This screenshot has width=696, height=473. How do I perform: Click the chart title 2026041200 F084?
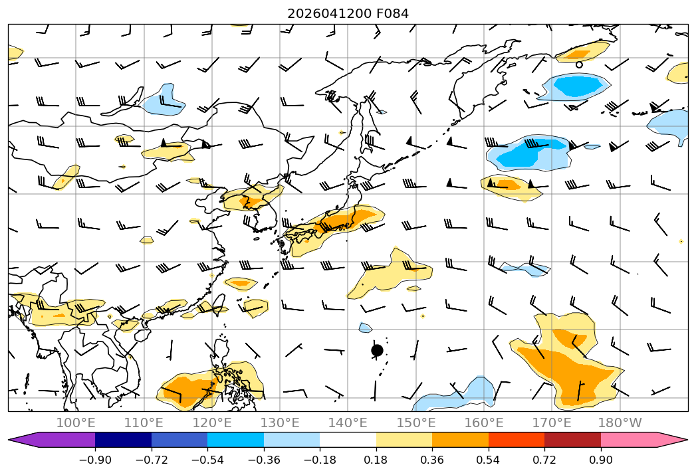point(348,14)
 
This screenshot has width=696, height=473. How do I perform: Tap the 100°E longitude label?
point(76,423)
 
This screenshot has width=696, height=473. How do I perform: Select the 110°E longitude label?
point(144,423)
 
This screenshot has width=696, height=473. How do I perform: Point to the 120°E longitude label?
point(212,423)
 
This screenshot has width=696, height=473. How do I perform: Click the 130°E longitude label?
point(280,423)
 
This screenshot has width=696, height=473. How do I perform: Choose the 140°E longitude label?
point(348,423)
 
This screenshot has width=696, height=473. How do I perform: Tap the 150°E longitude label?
point(416,423)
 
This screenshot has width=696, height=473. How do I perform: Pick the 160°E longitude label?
point(484,423)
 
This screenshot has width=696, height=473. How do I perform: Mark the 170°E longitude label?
point(552,423)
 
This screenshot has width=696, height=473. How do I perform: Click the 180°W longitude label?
point(620,423)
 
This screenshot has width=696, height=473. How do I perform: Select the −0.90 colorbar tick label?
point(95,460)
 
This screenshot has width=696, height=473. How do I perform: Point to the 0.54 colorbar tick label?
point(489,460)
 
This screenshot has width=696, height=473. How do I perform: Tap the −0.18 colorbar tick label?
point(320,460)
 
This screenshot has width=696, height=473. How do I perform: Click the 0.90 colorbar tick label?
point(600,460)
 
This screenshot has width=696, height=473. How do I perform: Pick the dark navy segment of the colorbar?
point(123,439)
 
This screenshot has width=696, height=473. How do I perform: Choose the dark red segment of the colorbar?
point(572,439)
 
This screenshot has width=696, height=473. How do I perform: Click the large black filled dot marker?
point(377,351)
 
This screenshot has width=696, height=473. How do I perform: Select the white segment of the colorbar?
point(348,439)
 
